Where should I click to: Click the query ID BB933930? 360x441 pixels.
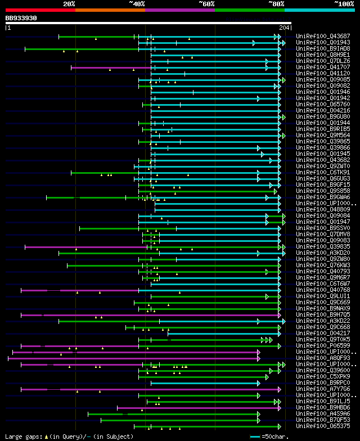tap(21, 18)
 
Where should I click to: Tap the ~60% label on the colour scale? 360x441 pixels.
tap(206, 3)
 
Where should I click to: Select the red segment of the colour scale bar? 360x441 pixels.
tap(40, 10)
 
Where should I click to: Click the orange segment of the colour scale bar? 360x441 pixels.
tap(110, 10)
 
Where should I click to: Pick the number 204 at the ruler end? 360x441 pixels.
tap(283, 28)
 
